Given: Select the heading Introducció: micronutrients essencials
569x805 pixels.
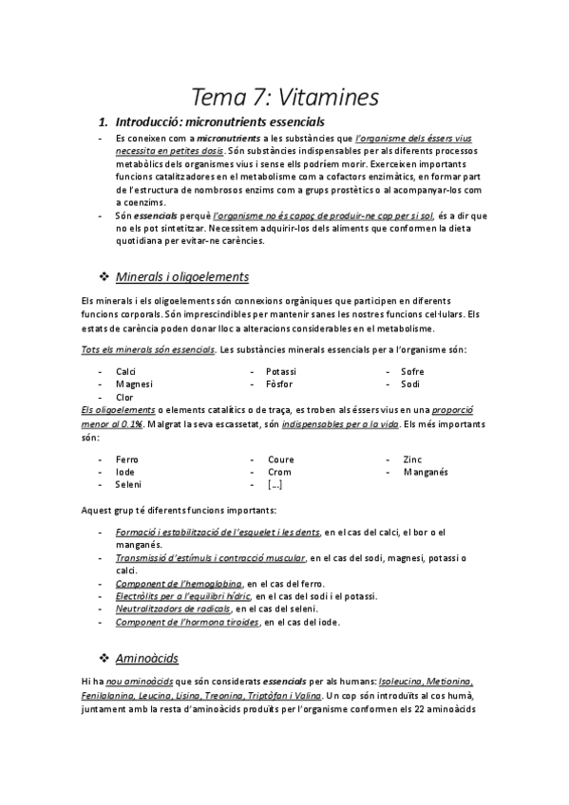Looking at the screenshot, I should tap(219, 122).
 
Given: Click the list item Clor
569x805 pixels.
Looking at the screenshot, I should tap(124, 397).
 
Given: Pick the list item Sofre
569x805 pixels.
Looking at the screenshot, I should tap(412, 370).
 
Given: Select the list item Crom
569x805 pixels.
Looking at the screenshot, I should tap(279, 472).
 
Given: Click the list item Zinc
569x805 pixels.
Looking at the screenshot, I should tap(412, 459).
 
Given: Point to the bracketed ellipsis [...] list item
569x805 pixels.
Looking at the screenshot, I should tap(275, 485).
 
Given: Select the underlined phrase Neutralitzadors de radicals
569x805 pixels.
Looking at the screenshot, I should tap(173, 608).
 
